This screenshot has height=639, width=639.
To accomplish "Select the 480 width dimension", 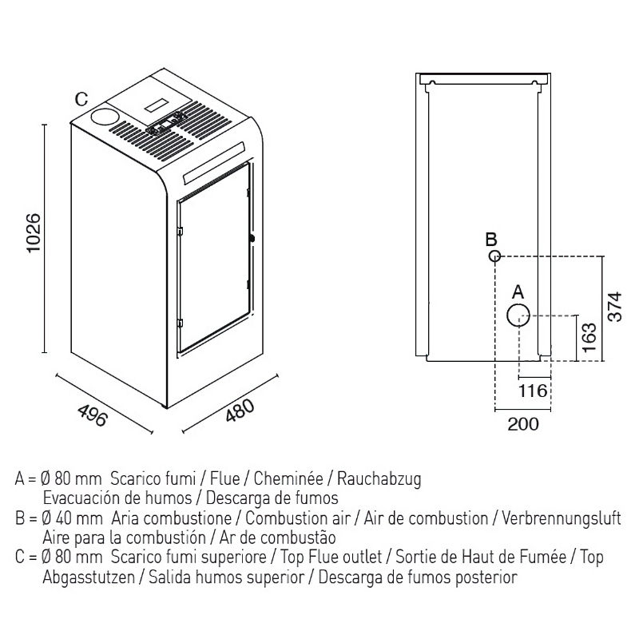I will (x=240, y=415).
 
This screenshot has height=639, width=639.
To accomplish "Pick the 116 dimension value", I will (x=533, y=391).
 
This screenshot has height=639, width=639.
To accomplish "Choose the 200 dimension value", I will (x=523, y=423).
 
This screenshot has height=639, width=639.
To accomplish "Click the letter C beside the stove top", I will (x=81, y=99).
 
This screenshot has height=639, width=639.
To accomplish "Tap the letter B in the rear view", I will (x=492, y=239).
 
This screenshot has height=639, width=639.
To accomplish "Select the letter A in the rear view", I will (x=517, y=291).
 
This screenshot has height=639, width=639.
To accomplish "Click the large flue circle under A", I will (x=517, y=315).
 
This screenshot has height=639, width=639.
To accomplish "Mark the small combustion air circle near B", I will (x=495, y=256).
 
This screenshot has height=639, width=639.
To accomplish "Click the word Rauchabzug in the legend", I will (x=379, y=480).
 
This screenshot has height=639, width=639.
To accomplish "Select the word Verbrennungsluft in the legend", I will (x=561, y=518).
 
